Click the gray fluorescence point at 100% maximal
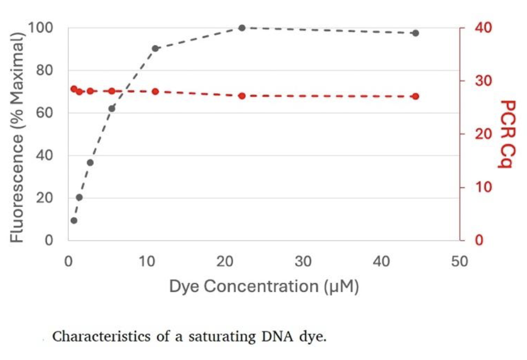point(242,28)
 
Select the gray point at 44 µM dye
point(415,33)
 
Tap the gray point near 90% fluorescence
point(155,48)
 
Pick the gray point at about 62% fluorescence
point(112,109)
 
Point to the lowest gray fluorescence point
point(74,220)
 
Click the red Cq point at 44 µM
point(415,96)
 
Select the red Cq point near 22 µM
point(242,96)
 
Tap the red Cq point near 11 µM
point(155,92)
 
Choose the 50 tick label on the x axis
point(459,261)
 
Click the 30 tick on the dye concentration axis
point(302,261)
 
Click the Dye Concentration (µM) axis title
point(264,287)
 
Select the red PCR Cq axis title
point(505,134)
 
